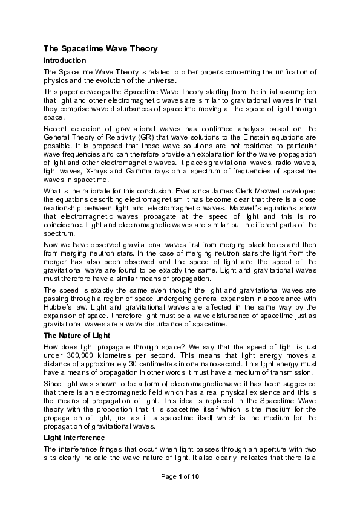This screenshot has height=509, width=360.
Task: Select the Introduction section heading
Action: pyautogui.click(x=65, y=61)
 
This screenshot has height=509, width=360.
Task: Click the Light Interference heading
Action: pyautogui.click(x=74, y=436)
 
